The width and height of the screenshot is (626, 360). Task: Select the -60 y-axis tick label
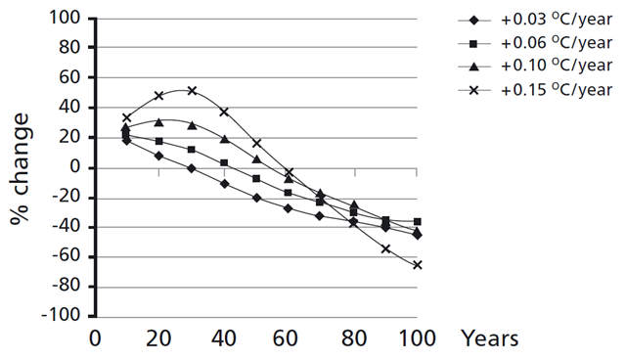tap(65, 257)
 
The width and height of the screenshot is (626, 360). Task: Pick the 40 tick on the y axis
tap(68, 108)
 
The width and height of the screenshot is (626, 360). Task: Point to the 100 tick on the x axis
tap(417, 338)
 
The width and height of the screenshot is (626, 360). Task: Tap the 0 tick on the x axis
tap(95, 338)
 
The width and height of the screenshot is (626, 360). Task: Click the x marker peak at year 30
tap(192, 91)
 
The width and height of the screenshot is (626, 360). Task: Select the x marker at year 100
tap(418, 265)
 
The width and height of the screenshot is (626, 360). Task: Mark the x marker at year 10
tap(126, 117)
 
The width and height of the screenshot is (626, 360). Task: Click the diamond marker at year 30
tap(192, 168)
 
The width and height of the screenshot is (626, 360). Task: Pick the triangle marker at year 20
tap(159, 122)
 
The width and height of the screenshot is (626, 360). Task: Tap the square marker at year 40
tap(224, 162)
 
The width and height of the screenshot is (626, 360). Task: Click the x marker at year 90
tap(385, 248)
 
